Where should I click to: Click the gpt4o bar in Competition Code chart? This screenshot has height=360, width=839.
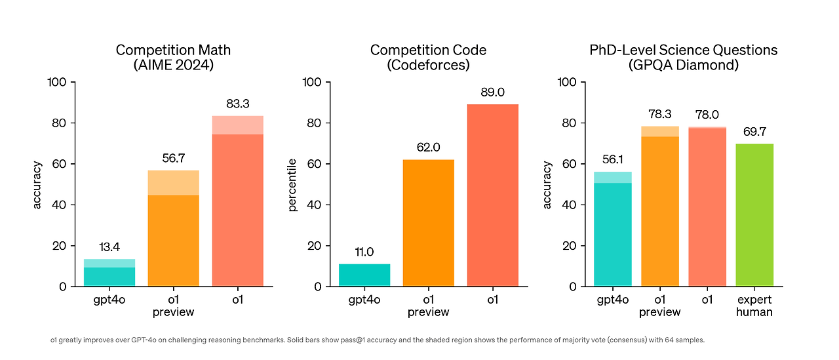pos(364,275)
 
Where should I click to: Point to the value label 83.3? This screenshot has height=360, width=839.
pos(238,104)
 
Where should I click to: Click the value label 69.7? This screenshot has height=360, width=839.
pos(754,132)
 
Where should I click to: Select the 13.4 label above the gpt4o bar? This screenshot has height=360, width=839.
pos(109,247)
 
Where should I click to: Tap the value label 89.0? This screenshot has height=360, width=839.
pos(492,92)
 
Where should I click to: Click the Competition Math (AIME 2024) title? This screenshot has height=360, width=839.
pos(173,57)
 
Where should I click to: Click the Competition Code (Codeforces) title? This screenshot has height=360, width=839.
pos(428,57)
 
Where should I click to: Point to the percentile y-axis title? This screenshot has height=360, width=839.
pos(292,184)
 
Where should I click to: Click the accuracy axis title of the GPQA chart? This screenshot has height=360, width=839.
pos(547,184)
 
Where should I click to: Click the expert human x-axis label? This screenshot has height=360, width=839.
pos(754,306)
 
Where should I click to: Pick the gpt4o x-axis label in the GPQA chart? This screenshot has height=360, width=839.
pos(613,300)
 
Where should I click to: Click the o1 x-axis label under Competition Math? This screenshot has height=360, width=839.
pos(238,300)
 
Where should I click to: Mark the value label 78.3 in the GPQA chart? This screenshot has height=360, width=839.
pos(660,115)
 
